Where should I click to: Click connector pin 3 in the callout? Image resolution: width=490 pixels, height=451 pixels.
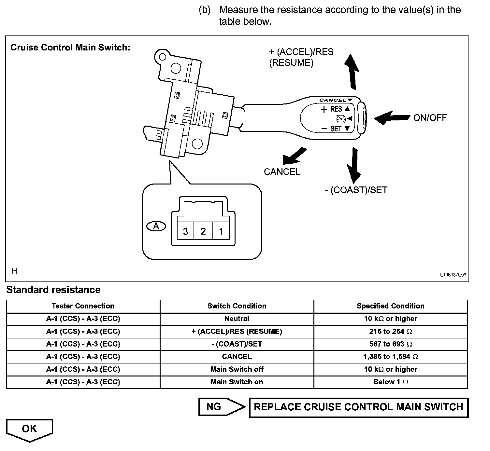[185, 231]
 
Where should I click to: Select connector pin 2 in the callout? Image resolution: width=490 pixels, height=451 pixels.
[203, 231]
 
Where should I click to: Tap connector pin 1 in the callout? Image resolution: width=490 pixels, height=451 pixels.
[221, 231]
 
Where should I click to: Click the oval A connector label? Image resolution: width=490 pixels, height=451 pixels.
[156, 226]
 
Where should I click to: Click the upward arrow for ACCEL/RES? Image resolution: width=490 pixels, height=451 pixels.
[352, 72]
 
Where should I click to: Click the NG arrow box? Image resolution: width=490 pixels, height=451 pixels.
[221, 407]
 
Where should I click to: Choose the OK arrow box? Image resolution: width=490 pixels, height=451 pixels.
[29, 430]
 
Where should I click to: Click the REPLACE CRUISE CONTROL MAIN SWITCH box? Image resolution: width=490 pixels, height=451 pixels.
[358, 407]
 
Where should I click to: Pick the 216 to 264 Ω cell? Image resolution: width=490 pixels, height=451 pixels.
[391, 332]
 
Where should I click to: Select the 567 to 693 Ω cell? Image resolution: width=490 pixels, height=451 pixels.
[391, 344]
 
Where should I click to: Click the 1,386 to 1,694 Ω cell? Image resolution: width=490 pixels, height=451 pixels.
[391, 357]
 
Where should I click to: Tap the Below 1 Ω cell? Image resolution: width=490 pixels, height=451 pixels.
[391, 382]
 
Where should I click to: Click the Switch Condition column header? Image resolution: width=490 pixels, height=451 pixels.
[237, 306]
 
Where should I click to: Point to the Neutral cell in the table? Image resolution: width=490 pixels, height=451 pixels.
[237, 319]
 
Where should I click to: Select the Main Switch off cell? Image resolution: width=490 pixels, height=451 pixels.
[237, 369]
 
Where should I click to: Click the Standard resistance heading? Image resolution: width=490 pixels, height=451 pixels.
[53, 290]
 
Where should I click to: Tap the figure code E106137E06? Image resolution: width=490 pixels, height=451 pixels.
[453, 275]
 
